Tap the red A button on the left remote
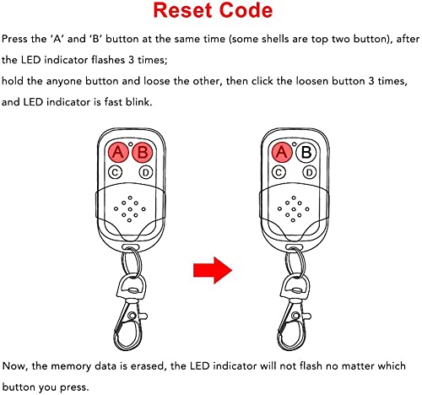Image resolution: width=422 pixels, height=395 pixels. pyautogui.click(x=118, y=153)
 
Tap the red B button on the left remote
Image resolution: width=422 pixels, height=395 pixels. pyautogui.click(x=142, y=153)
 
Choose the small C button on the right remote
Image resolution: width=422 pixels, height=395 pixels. pyautogui.click(x=279, y=173)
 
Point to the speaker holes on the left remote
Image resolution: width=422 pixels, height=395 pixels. pyautogui.click(x=130, y=208)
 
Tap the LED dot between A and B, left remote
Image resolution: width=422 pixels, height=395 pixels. pyautogui.click(x=130, y=144)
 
